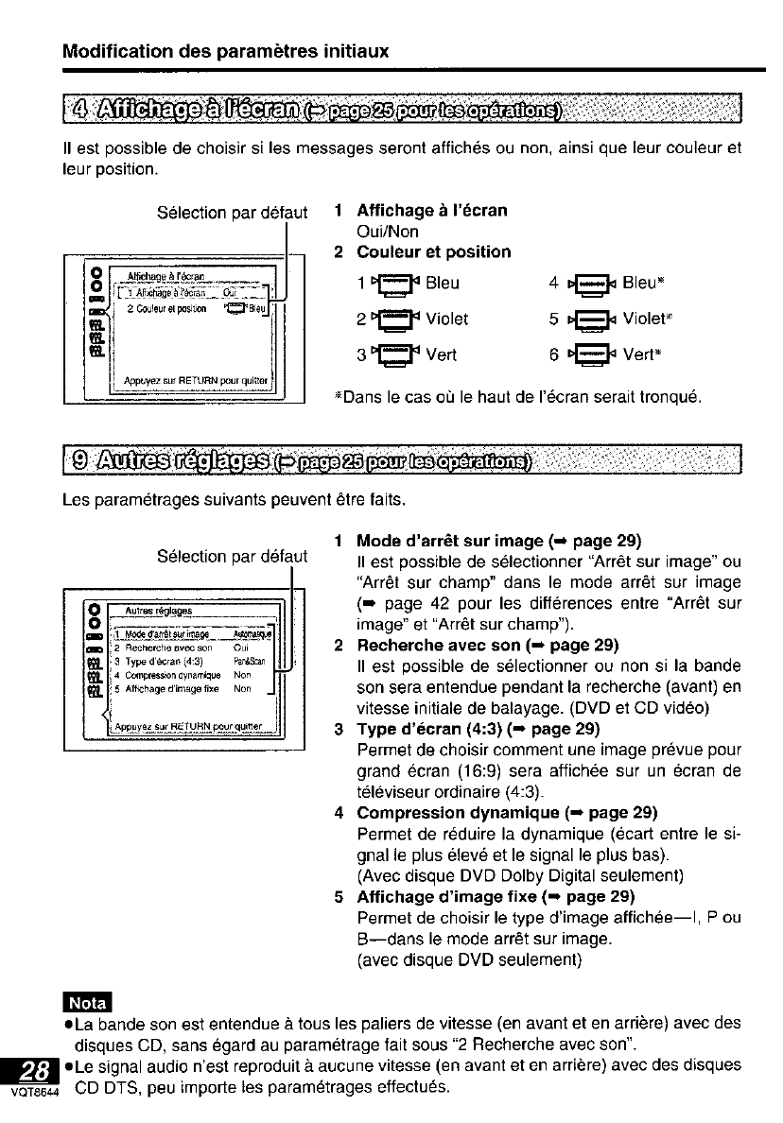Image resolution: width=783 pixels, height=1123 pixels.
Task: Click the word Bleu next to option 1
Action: (444, 283)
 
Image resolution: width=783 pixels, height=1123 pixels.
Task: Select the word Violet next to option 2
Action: (448, 319)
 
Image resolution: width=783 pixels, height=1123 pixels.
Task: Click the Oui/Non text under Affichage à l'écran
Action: (388, 232)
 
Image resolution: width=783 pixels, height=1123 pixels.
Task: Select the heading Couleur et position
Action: (433, 252)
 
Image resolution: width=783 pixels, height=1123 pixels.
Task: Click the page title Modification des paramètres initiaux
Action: (225, 50)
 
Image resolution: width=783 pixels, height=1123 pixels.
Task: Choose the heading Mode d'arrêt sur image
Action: (449, 542)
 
